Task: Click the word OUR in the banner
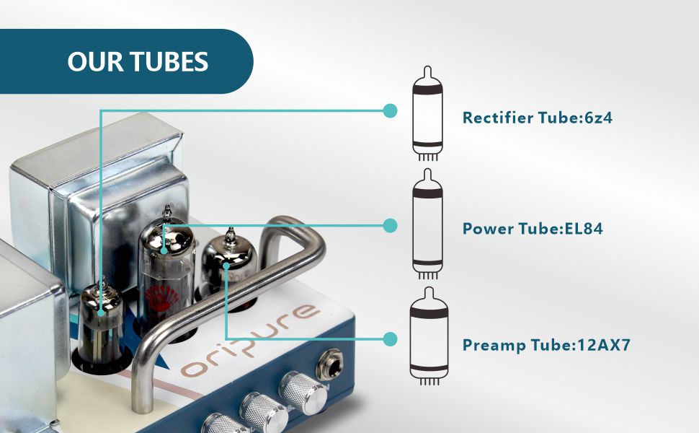pyautogui.click(x=93, y=61)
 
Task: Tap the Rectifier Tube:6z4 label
pyautogui.click(x=537, y=118)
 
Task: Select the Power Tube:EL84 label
pyautogui.click(x=532, y=229)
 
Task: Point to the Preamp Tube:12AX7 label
pyautogui.click(x=546, y=344)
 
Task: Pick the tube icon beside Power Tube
pyautogui.click(x=427, y=227)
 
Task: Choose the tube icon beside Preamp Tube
pyautogui.click(x=427, y=338)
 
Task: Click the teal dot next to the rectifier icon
pyautogui.click(x=390, y=110)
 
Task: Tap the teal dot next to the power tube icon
pyautogui.click(x=390, y=225)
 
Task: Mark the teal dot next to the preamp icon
pyautogui.click(x=390, y=339)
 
